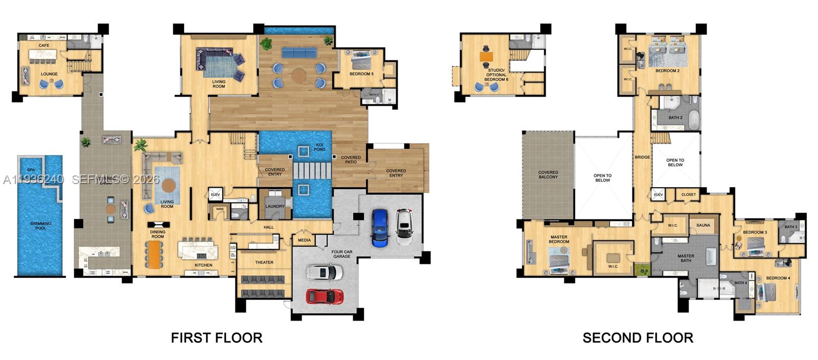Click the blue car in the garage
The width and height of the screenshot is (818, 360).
(x=380, y=228)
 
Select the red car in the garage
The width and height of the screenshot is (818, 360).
(x=325, y=296)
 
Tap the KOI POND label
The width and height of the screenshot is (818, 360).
(x=320, y=147)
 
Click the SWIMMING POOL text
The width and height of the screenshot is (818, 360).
(x=40, y=226)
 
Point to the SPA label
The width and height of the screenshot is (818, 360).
(x=31, y=170)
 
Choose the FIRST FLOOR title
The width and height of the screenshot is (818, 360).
(x=216, y=338)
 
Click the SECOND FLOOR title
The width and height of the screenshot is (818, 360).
(x=638, y=338)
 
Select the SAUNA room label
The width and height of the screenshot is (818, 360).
(x=703, y=225)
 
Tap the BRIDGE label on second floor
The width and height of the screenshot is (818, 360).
(x=642, y=157)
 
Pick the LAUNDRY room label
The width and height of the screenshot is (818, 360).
(x=275, y=207)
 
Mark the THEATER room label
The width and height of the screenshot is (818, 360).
(x=264, y=262)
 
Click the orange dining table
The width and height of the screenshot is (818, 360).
(x=153, y=254)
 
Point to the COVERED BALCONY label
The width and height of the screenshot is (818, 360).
(x=548, y=174)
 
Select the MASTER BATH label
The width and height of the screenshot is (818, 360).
(x=686, y=258)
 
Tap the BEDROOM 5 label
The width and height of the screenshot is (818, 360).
(x=361, y=74)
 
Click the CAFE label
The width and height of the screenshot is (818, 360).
(x=44, y=46)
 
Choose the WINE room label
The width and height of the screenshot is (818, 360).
(x=220, y=209)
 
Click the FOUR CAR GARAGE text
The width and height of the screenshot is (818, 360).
(x=342, y=254)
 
